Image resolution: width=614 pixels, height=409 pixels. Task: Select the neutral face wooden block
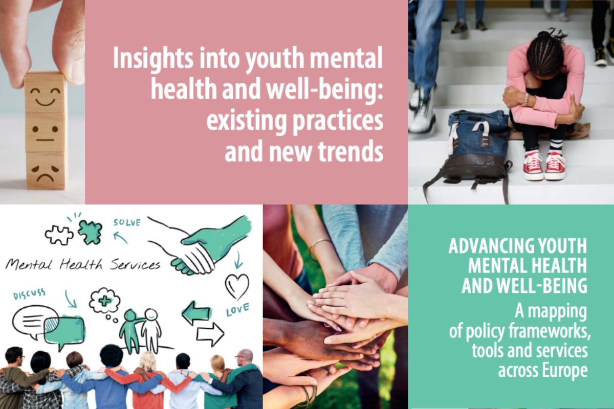pos(45,132)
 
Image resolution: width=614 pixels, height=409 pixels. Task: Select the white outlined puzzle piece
pos(59,235)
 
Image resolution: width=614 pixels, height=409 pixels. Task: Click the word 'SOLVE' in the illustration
pos(127,223)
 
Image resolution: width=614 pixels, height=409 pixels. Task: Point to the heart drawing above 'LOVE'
pos(237,286)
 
